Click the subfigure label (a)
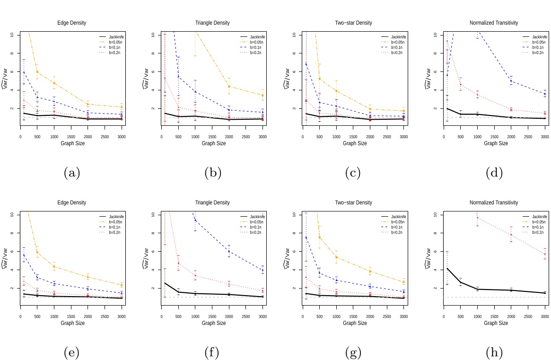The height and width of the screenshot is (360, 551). [x=72, y=173]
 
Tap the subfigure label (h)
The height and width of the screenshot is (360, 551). [x=494, y=353]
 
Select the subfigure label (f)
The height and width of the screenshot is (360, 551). [x=212, y=353]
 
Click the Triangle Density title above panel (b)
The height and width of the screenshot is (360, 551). [x=212, y=23]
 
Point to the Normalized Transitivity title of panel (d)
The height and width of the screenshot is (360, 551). [x=494, y=23]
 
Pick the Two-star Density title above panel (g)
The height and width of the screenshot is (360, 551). [x=354, y=202]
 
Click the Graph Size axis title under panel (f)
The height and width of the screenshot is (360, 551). [x=212, y=323]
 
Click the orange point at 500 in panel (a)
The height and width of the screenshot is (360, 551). [x=37, y=72]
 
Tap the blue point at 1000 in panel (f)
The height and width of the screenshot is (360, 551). [x=195, y=220]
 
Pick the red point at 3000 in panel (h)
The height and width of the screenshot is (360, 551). [x=545, y=254]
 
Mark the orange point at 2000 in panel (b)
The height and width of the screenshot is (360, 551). [x=229, y=87]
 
